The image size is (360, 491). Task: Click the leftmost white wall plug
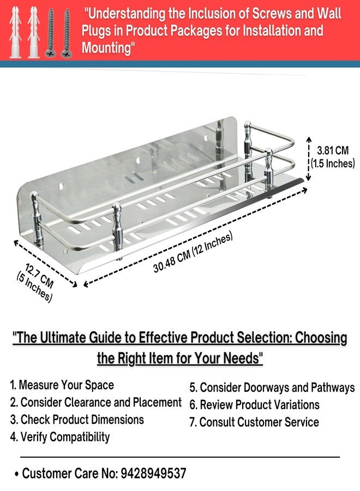point(15,32)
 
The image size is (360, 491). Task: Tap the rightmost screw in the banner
point(67,33)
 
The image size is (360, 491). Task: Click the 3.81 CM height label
point(333,151)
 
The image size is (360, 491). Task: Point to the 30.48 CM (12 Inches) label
point(193,253)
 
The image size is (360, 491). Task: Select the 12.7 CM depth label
point(39,276)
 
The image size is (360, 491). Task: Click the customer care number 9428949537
point(153,473)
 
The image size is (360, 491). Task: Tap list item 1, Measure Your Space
point(62,385)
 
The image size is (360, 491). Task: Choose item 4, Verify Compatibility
point(60,437)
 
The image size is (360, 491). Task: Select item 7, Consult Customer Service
point(254,422)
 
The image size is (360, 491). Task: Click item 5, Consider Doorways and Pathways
point(272,388)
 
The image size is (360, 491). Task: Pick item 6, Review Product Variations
point(254,405)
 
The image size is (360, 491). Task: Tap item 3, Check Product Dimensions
point(77,420)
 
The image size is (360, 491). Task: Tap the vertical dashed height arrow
point(309,158)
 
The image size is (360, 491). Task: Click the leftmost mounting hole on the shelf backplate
point(61,187)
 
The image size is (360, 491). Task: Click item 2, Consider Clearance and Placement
point(96,403)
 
